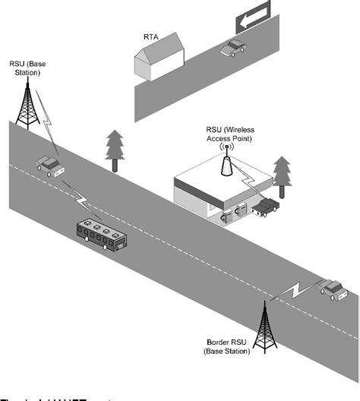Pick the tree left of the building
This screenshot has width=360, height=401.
pyautogui.click(x=115, y=148)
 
